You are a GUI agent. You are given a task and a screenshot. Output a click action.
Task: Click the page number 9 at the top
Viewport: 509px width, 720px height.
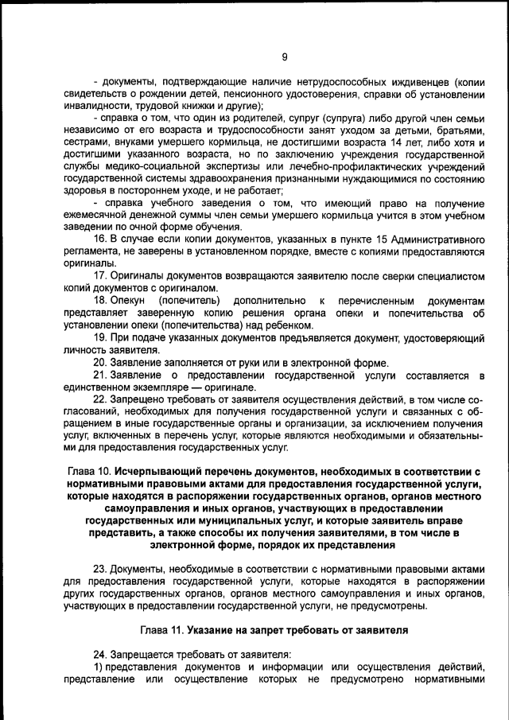point(285,56)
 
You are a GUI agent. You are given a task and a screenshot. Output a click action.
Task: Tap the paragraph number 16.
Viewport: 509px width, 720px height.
point(101,239)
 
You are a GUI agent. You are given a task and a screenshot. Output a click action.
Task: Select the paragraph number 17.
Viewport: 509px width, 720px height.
point(101,274)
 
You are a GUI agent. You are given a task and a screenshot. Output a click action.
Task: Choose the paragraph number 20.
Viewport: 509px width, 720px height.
point(101,361)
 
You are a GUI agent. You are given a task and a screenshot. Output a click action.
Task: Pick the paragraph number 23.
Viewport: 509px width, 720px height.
point(101,570)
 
